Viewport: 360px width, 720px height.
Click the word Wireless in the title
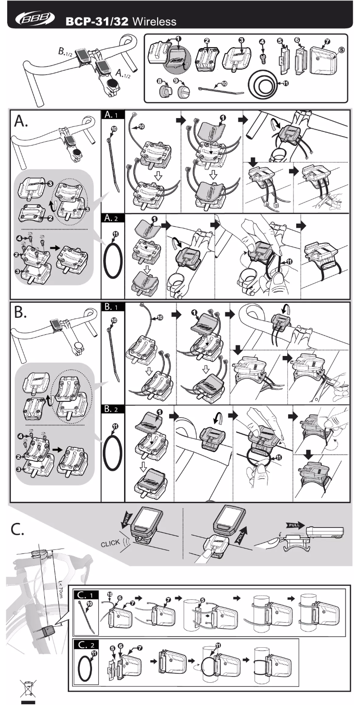tap(154, 22)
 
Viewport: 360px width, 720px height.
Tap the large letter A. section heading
tap(21, 121)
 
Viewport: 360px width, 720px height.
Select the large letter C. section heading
tap(18, 529)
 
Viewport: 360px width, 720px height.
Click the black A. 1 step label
tap(113, 115)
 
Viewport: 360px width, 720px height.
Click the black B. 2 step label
tap(113, 409)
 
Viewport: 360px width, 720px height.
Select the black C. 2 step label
tap(85, 645)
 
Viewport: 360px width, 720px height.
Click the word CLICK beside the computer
tap(110, 543)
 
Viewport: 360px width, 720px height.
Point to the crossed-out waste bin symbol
tap(28, 688)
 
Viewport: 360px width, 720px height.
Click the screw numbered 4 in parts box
tap(263, 58)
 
